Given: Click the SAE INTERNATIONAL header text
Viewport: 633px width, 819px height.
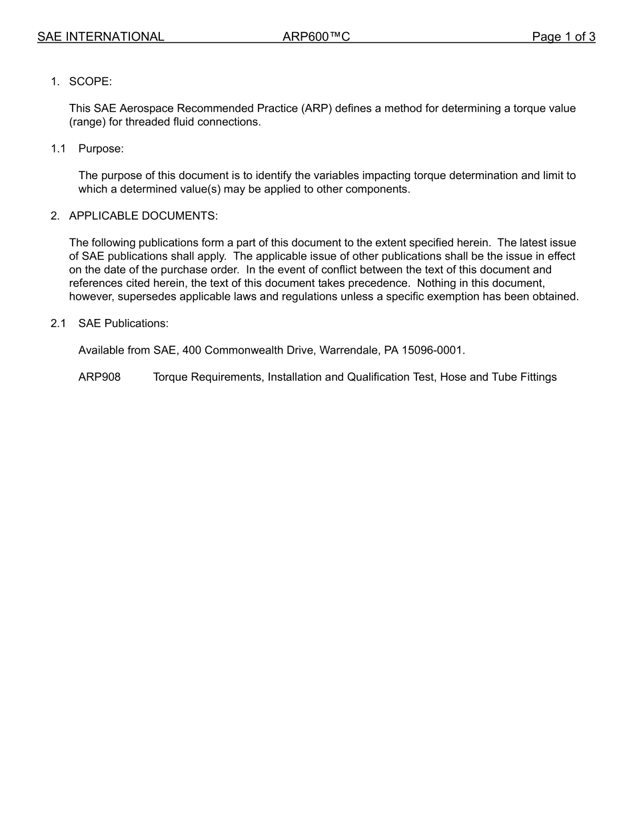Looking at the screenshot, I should (101, 37).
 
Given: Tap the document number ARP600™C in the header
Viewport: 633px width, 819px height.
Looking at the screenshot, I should (316, 37).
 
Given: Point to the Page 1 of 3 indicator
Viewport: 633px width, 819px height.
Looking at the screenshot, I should (563, 37).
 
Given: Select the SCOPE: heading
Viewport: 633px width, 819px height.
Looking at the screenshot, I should (91, 82).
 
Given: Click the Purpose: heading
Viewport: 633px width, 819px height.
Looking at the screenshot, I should (101, 149).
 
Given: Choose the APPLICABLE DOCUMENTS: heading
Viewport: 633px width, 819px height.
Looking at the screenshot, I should (143, 216).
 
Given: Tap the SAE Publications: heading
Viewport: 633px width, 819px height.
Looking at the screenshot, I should (123, 324).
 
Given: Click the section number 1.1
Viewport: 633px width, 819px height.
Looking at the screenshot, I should (59, 149).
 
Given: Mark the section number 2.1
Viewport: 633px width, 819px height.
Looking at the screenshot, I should (59, 324).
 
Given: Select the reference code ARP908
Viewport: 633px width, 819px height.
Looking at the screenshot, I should (99, 378).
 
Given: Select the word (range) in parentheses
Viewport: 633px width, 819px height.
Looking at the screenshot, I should (88, 123).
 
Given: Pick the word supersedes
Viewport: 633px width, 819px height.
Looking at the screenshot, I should (145, 297).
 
